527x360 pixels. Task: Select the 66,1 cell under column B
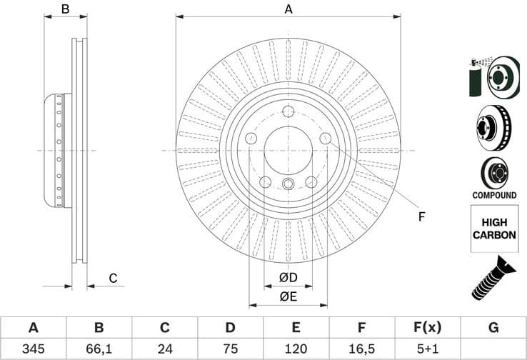pyautogui.click(x=99, y=349)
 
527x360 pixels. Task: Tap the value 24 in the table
pyautogui.click(x=164, y=349)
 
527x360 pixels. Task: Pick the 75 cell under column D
pyautogui.click(x=230, y=349)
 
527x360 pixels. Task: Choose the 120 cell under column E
pyautogui.click(x=296, y=349)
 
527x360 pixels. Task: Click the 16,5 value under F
pyautogui.click(x=361, y=349)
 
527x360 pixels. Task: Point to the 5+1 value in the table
pyautogui.click(x=427, y=349)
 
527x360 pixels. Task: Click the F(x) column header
pyautogui.click(x=427, y=328)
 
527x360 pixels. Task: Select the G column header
pyautogui.click(x=493, y=328)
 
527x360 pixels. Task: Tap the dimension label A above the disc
pyautogui.click(x=288, y=9)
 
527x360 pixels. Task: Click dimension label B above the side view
pyautogui.click(x=64, y=9)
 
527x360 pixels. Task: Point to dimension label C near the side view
pyautogui.click(x=113, y=278)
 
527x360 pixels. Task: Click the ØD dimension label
pyautogui.click(x=288, y=277)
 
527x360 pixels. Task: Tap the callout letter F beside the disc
pyautogui.click(x=421, y=216)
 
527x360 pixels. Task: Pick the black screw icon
pyautogui.click(x=493, y=283)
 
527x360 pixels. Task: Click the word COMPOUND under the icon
pyautogui.click(x=494, y=195)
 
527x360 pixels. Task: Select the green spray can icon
pyautogui.click(x=476, y=79)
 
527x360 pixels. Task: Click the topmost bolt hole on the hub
pyautogui.click(x=288, y=111)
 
